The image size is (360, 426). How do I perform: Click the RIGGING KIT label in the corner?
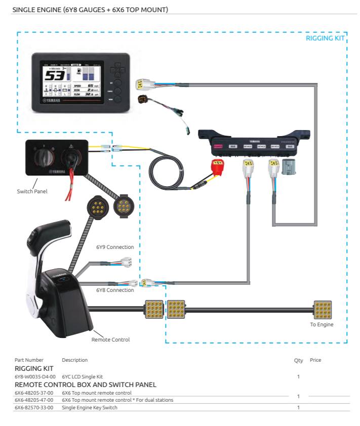[325, 38]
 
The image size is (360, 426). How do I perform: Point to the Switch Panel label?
[32, 191]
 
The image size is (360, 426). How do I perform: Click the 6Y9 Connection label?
[115, 247]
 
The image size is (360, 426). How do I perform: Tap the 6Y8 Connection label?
[115, 290]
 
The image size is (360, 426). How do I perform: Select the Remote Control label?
[110, 339]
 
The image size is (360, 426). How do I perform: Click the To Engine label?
[322, 324]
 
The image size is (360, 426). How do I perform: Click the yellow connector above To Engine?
[323, 309]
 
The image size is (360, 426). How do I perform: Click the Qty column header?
[298, 360]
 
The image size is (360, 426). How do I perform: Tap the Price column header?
[315, 360]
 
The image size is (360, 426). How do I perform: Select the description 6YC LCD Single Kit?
[83, 376]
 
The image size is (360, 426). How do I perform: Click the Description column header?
[74, 360]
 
